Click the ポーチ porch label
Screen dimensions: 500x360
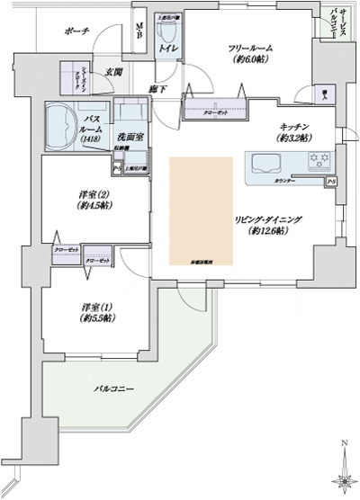[x=76, y=31]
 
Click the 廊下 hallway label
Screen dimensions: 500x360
[x=156, y=90]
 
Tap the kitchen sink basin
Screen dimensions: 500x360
[x=266, y=164]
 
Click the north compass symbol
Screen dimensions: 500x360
[x=344, y=472]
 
